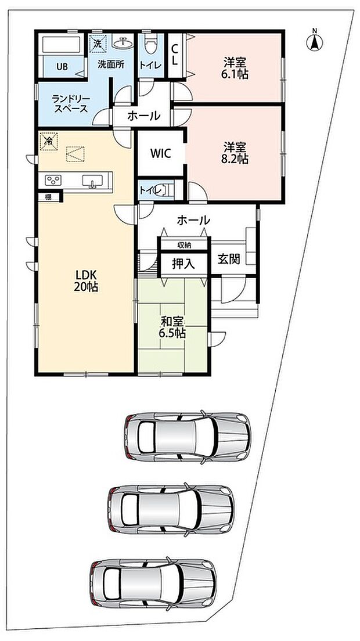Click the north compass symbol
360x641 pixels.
(x=315, y=41)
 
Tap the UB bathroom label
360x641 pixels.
(x=62, y=67)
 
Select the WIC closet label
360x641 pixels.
(x=160, y=153)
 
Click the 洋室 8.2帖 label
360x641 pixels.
(x=235, y=153)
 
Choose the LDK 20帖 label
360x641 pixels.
(x=86, y=280)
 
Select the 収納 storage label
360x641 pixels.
(x=183, y=245)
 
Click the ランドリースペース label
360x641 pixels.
(x=70, y=104)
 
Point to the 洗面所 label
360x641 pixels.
(x=110, y=64)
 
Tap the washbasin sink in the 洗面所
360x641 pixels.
(x=122, y=43)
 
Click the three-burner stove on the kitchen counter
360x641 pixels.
(x=53, y=180)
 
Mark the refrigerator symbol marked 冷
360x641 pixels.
(x=49, y=142)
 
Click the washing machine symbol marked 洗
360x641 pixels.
(x=98, y=44)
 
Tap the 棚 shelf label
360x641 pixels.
(x=48, y=197)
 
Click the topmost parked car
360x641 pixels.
(x=188, y=437)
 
